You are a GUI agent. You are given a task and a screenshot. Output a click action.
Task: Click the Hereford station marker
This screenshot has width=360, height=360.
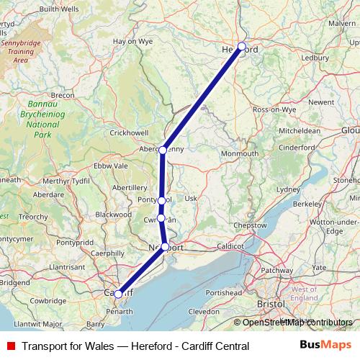click(242, 47)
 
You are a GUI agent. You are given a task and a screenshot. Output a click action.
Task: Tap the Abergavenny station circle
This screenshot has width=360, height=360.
click(163, 150)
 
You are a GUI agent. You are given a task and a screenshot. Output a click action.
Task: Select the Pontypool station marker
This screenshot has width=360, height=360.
click(162, 200)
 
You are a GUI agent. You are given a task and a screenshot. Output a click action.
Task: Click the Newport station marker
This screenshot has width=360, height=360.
click(166, 247)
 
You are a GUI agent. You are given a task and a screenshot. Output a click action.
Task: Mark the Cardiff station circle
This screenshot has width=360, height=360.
click(118, 294)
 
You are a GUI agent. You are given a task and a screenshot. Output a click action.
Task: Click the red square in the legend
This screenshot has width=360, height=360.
click(9, 346)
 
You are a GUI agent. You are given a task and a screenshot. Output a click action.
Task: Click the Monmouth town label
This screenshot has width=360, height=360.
click(240, 154)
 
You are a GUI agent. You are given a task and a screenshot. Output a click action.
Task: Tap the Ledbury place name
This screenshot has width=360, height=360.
click(315, 57)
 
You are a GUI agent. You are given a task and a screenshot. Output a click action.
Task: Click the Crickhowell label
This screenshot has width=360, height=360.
click(129, 132)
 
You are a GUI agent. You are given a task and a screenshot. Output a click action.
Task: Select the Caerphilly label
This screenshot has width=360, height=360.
click(108, 253)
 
